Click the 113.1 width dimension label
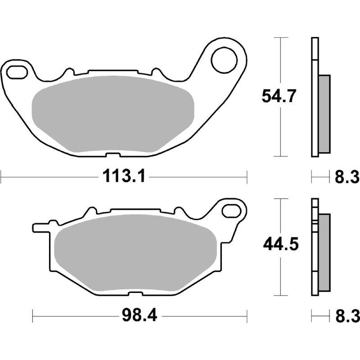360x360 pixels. pyautogui.click(x=124, y=177)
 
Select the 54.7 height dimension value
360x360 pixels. pyautogui.click(x=279, y=97)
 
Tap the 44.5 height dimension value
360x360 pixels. pyautogui.click(x=279, y=245)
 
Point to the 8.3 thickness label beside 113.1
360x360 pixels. pyautogui.click(x=346, y=177)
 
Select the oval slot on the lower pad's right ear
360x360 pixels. pyautogui.click(x=232, y=210)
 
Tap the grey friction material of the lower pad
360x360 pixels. pyautogui.click(x=135, y=254)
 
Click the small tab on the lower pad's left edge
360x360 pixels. pyautogui.click(x=39, y=227)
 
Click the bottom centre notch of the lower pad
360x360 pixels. pyautogui.click(x=134, y=294)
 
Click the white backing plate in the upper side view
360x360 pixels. pyautogui.click(x=315, y=97)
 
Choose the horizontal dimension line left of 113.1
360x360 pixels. pyautogui.click(x=45, y=177)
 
